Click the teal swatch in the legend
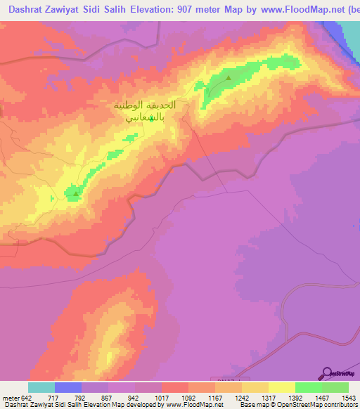(x=41, y=387)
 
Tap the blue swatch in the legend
(x=68, y=387)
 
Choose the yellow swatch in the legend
(x=282, y=387)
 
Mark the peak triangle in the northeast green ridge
(x=229, y=78)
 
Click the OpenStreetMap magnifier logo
(x=326, y=372)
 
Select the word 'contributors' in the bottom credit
(x=335, y=405)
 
